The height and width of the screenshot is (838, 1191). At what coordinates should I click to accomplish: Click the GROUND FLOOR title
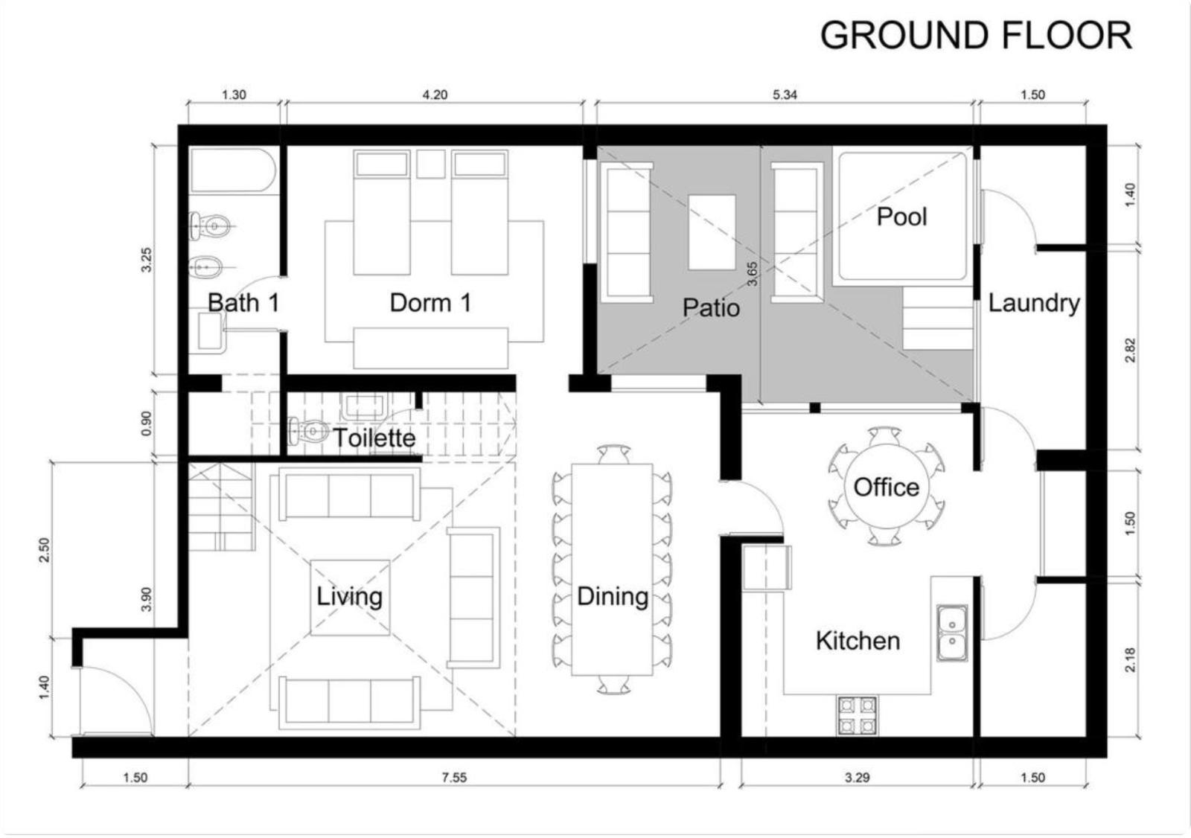[976, 36]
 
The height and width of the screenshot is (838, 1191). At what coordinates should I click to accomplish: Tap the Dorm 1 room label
[431, 303]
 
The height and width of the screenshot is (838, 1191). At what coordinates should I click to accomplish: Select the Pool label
[901, 217]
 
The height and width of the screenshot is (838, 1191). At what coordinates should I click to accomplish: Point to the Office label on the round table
[887, 487]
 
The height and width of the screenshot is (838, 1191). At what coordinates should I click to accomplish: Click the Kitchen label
[858, 642]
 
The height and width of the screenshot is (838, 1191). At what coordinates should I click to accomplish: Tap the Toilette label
[374, 438]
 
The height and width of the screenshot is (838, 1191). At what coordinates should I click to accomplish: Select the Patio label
[711, 308]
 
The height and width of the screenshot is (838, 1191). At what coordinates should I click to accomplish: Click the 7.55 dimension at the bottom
[454, 778]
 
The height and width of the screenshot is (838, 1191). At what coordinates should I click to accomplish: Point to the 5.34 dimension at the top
[785, 95]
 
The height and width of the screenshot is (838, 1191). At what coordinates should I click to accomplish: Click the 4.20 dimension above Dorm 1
[435, 95]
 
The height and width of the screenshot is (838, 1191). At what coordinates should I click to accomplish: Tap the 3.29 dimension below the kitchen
[857, 778]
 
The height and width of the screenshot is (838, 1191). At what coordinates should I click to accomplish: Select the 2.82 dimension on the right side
[1131, 351]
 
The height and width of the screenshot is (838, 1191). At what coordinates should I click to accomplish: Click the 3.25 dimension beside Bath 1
[147, 260]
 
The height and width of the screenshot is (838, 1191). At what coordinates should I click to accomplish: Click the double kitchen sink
[952, 633]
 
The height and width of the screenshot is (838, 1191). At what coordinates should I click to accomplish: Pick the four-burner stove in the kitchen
[857, 715]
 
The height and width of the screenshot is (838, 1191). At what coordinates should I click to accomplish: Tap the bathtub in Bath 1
[234, 170]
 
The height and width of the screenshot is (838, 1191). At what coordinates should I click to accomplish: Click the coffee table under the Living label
[350, 598]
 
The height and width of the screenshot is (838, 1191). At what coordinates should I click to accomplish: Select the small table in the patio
[712, 232]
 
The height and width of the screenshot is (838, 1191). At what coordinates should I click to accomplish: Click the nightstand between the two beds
[431, 164]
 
